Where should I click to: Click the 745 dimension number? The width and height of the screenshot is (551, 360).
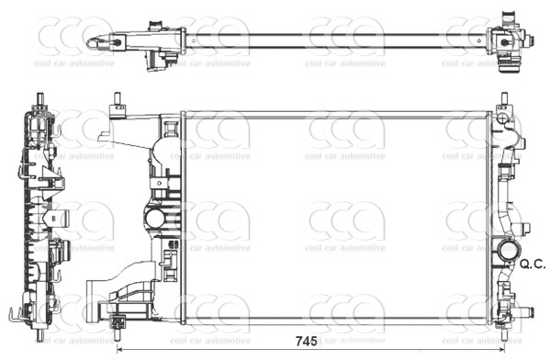[306, 342]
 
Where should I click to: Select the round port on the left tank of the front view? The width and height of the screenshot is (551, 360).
[155, 219]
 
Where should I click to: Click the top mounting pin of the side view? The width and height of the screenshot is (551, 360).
[40, 98]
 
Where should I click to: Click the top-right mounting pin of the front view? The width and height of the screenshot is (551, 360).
[504, 98]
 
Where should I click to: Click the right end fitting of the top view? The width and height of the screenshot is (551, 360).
[511, 41]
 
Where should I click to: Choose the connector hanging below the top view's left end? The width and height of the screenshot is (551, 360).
[164, 60]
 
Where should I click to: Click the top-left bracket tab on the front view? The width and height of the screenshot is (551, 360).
[118, 113]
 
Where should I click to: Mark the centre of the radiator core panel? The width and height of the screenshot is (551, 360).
[336, 219]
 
